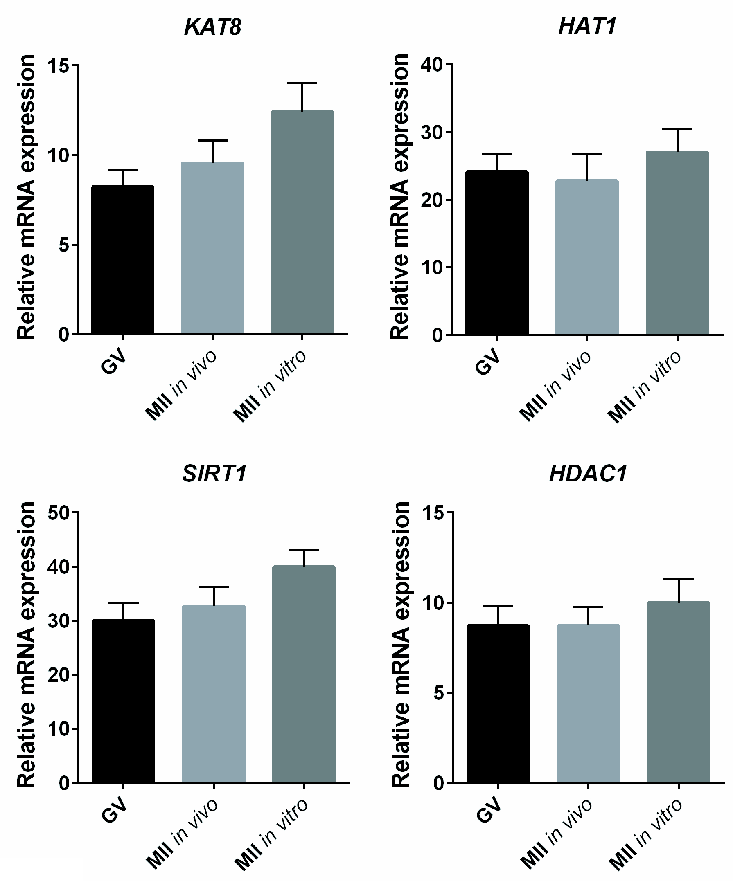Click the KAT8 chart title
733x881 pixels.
pyautogui.click(x=213, y=27)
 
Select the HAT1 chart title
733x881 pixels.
pyautogui.click(x=587, y=26)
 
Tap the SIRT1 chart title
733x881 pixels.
pyautogui.click(x=214, y=474)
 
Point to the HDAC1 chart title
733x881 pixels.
pyautogui.click(x=588, y=474)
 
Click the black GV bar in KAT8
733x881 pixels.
pyautogui.click(x=123, y=260)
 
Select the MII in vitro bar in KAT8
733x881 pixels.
pyautogui.click(x=302, y=222)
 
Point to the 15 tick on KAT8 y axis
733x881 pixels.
pyautogui.click(x=58, y=66)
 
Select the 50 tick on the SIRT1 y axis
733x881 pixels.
pyautogui.click(x=59, y=513)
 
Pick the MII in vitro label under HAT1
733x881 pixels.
pyautogui.click(x=645, y=387)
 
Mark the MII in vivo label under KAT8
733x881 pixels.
pyautogui.click(x=181, y=385)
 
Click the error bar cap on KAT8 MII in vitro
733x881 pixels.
pyautogui.click(x=302, y=83)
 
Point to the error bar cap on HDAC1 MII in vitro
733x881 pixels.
pyautogui.click(x=679, y=580)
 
